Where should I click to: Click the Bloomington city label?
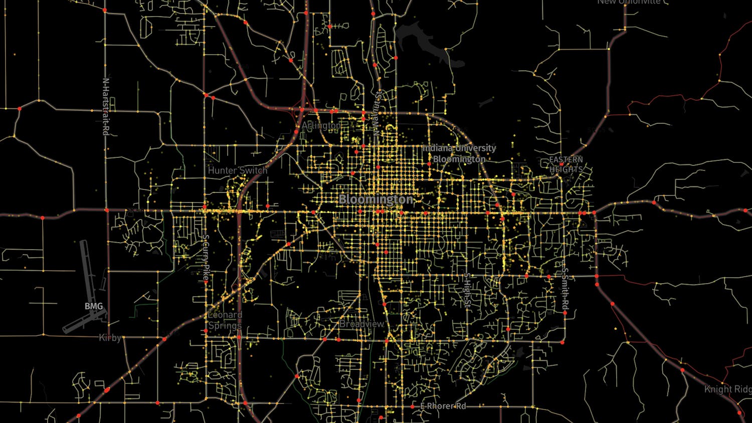tap(376, 199)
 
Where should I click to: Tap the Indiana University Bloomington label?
tap(459, 154)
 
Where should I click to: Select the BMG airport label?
tap(94, 306)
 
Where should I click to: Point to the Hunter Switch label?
tap(238, 170)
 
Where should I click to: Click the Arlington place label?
tap(321, 125)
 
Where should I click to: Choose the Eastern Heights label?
tap(566, 164)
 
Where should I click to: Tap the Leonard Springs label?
tap(225, 320)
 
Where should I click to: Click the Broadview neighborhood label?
tap(361, 324)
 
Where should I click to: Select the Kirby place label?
tap(110, 338)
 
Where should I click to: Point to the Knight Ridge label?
tap(728, 389)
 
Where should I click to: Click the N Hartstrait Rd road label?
tap(105, 106)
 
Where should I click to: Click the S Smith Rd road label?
tap(565, 288)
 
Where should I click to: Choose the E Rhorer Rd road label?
tap(443, 406)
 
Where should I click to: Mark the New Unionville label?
tap(629, 2)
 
